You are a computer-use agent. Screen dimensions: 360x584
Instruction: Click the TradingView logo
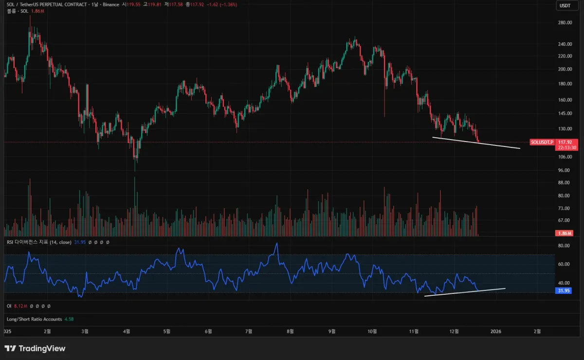pos(35,348)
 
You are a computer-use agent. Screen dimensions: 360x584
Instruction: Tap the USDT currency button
pos(565,5)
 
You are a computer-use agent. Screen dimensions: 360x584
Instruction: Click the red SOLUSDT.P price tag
pos(542,142)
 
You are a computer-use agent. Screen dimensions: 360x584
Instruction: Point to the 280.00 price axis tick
pos(565,22)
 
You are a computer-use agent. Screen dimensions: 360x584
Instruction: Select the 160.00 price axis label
pos(565,100)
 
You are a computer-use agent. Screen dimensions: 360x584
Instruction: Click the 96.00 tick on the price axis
pos(564,170)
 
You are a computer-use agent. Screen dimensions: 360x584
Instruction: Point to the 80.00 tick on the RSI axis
pos(564,246)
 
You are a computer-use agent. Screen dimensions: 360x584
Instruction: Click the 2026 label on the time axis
pos(496,331)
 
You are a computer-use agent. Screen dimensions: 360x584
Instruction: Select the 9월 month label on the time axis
pos(332,331)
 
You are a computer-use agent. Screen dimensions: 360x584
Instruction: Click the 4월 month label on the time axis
pos(127,331)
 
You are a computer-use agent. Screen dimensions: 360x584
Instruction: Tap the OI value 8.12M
pos(20,306)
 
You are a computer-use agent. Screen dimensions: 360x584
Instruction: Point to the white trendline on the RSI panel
pos(465,292)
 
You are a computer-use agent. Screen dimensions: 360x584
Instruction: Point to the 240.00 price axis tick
pos(565,44)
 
